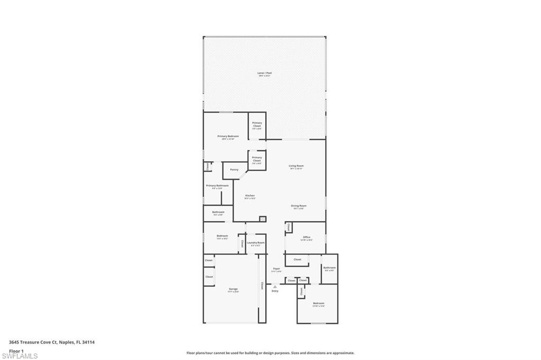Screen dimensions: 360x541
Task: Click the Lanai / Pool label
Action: tap(264, 73)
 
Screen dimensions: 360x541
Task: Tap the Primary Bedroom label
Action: tap(228, 136)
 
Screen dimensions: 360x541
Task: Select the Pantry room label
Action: tap(234, 169)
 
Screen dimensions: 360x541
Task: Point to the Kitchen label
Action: tap(249, 196)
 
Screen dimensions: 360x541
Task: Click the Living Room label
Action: tap(296, 166)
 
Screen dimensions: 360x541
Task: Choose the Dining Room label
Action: tap(299, 206)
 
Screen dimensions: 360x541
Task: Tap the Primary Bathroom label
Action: tap(217, 186)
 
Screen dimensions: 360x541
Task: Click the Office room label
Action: tap(306, 238)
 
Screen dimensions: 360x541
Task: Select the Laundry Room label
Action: tap(256, 243)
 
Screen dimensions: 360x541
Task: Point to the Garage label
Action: tap(233, 289)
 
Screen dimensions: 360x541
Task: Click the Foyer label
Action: tap(276, 269)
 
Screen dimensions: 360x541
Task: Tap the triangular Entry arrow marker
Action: tap(275, 286)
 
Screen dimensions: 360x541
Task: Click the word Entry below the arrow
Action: tap(275, 291)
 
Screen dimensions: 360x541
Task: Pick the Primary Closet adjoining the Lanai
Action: tap(257, 125)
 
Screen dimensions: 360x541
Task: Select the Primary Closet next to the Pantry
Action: tap(257, 159)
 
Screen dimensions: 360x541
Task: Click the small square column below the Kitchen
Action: tap(263, 219)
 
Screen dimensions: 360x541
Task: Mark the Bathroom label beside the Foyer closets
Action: tap(329, 268)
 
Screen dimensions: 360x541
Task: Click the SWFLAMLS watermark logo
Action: tap(20, 356)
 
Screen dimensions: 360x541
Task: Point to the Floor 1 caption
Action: tap(16, 350)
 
